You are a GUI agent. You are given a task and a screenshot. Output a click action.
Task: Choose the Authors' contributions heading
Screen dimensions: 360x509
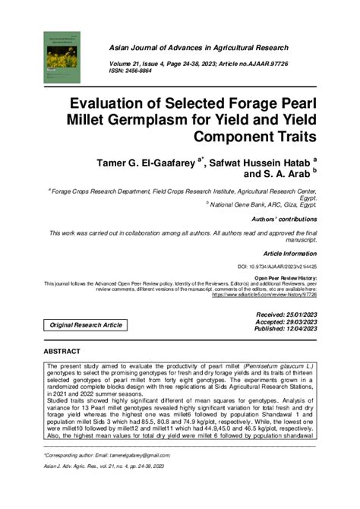click(285, 219)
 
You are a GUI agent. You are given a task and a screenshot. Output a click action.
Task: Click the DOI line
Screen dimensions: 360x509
click(277, 267)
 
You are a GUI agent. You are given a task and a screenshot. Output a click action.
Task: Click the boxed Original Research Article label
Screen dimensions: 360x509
click(86, 325)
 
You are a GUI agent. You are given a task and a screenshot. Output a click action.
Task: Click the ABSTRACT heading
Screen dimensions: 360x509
click(61, 353)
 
